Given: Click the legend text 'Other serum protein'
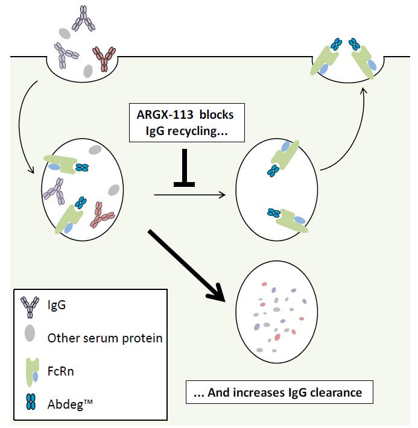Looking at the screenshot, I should (105, 337).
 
